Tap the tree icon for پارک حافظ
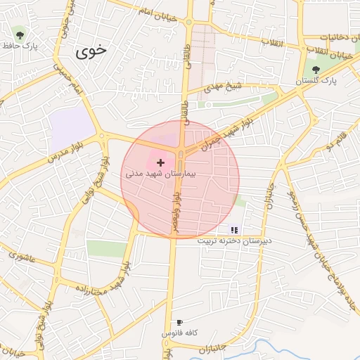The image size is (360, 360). (19, 34)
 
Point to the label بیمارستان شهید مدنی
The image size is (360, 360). (161, 172)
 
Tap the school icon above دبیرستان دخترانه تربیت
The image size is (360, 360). (234, 229)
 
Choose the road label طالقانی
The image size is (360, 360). (186, 91)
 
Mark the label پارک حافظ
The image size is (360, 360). (19, 46)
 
